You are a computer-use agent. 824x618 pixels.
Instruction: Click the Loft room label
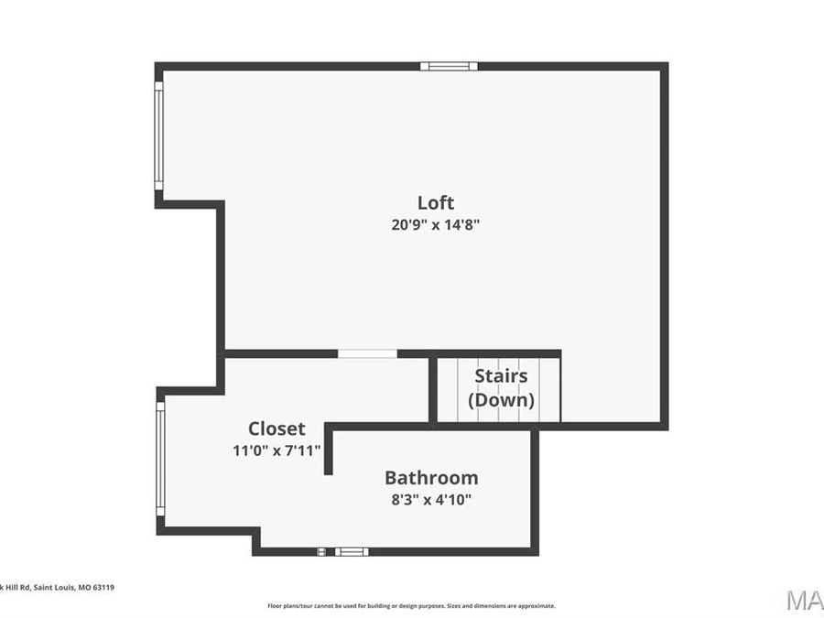pos(436,202)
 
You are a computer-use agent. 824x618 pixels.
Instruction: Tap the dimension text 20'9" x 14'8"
pos(436,224)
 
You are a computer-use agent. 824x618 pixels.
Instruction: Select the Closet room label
pos(276,428)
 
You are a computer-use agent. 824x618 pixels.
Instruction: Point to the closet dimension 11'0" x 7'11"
pos(276,450)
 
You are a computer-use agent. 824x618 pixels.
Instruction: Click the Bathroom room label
pos(431,477)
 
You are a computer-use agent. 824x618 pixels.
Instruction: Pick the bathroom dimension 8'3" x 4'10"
pos(431,499)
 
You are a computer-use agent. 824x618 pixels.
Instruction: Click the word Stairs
pos(501,376)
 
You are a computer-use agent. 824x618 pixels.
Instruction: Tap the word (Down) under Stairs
pos(501,400)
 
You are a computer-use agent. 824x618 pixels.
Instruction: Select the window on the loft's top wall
pos(449,66)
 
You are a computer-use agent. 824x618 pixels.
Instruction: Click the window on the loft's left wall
pos(158,136)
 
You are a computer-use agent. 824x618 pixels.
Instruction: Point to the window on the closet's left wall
pos(160,460)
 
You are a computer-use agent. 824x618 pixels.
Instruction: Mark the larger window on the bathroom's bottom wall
pos(352,551)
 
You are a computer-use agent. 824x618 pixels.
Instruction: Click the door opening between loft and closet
pos(367,353)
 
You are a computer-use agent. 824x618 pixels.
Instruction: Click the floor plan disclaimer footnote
pos(411,605)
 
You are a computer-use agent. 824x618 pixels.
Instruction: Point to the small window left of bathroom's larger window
pos(321,551)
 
